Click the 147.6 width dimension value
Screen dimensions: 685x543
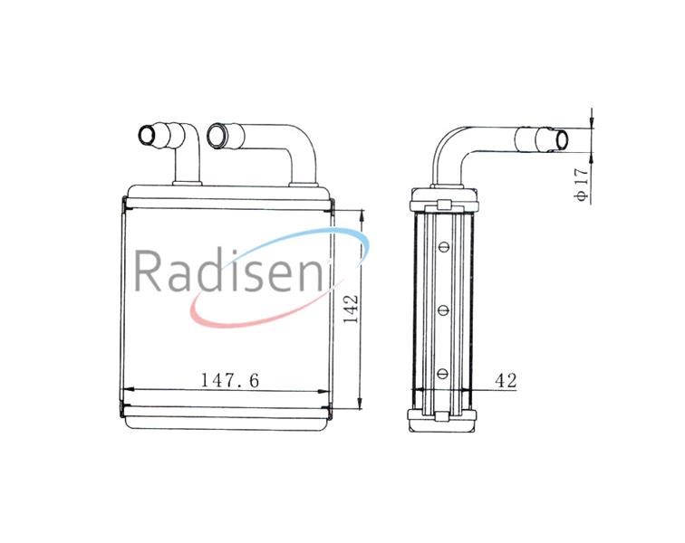point(230,381)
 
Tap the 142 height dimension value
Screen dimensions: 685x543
point(351,309)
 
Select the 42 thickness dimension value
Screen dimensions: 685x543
point(506,381)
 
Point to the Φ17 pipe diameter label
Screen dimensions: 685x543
point(582,184)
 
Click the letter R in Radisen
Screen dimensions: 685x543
point(147,271)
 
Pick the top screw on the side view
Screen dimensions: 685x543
point(443,247)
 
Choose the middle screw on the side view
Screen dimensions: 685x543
point(443,310)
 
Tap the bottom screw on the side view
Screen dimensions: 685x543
point(443,374)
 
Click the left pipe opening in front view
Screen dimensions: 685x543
point(147,136)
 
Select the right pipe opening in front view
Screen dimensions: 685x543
point(216,136)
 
